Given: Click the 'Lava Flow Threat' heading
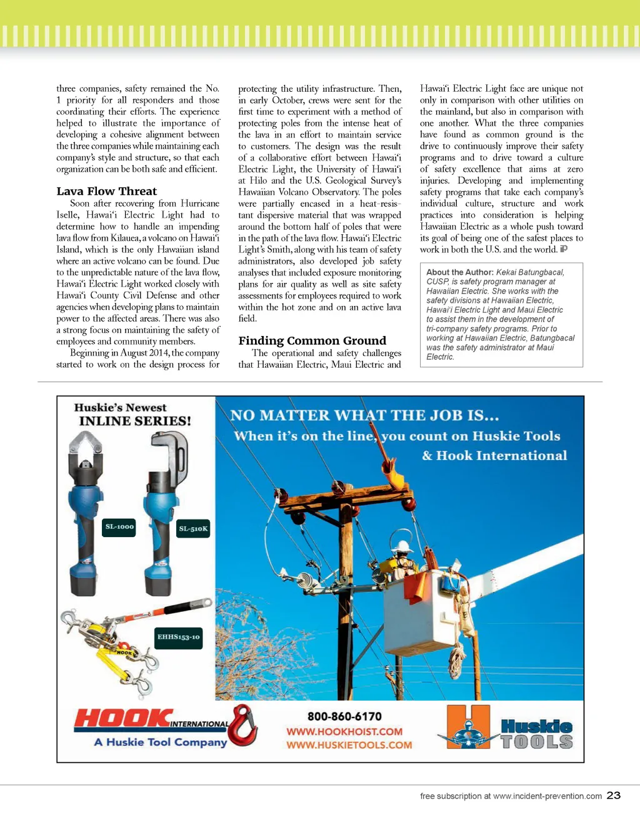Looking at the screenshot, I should point(107,192).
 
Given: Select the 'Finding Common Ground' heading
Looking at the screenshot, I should point(312,341).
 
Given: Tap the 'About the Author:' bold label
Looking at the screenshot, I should point(460,272).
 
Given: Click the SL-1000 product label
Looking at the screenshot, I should point(119,527).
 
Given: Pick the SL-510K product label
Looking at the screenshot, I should point(193,529).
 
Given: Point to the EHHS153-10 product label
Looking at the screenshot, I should point(178,638).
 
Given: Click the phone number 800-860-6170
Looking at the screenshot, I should point(344,716).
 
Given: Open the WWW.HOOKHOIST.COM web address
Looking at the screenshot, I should point(344,731).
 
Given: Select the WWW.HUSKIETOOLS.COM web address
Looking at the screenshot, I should point(349,745).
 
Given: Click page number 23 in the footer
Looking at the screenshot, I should point(613,795).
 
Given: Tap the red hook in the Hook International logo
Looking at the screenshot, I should point(244,726).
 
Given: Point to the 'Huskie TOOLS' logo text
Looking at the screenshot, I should point(536,734).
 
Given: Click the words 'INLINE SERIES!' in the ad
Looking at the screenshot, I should point(135,421).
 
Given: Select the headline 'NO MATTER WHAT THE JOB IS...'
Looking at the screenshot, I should point(364,416).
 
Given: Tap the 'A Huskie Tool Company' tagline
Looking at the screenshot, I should point(161,742).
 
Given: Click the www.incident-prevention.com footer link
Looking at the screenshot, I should point(547,796).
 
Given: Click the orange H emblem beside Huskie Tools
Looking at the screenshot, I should point(469,727).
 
